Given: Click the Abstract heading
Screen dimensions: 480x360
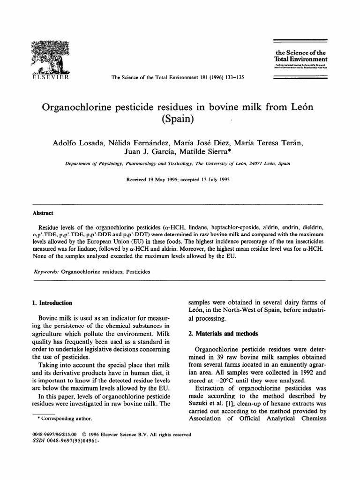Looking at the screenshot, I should coord(42,212).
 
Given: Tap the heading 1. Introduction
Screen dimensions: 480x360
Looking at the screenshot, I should coord(50,303).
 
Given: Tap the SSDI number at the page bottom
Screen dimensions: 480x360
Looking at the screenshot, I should coord(60,441).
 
